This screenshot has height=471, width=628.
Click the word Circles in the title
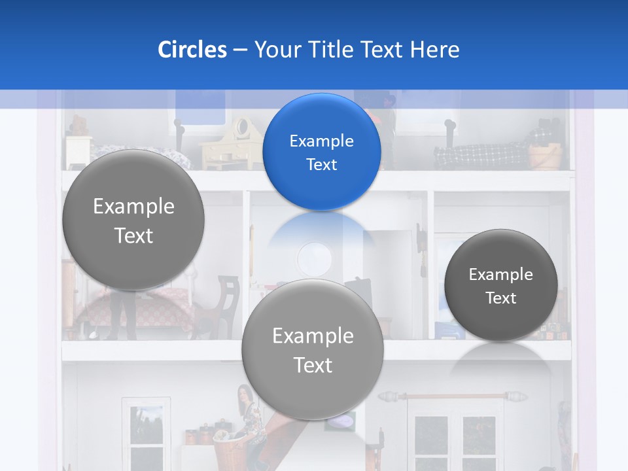click(192, 50)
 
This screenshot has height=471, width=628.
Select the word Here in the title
click(434, 50)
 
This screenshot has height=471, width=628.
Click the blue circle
click(321, 152)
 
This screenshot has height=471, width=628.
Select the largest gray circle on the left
click(133, 220)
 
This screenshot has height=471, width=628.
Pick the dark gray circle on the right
click(500, 285)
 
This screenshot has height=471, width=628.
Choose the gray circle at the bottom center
click(312, 349)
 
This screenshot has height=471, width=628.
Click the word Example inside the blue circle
click(321, 141)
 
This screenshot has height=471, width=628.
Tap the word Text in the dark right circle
click(500, 298)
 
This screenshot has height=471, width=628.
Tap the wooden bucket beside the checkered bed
click(544, 156)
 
